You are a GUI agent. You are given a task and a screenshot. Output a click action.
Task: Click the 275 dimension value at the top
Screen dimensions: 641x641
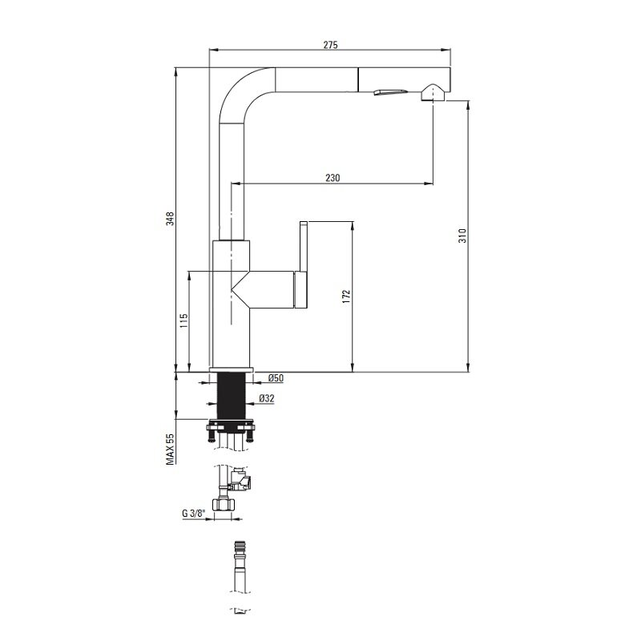(x=331, y=45)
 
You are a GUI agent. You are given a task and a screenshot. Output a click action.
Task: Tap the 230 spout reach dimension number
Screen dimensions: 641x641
(x=333, y=178)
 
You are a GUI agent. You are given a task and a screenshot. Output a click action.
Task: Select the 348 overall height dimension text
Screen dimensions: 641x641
(x=170, y=219)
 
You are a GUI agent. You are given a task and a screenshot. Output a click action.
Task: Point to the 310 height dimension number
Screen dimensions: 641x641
(x=462, y=236)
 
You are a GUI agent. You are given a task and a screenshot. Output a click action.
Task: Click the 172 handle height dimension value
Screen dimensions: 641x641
(x=347, y=296)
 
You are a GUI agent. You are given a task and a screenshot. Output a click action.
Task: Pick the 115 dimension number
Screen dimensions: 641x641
(x=183, y=321)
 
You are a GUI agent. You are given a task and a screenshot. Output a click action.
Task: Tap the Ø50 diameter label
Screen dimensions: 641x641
(x=276, y=378)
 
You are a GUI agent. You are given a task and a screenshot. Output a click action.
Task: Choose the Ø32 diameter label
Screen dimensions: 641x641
(x=267, y=397)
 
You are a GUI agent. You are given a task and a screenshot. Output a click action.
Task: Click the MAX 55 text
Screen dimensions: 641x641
(x=170, y=450)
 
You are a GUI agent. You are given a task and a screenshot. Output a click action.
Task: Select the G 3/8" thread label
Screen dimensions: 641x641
(x=192, y=514)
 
